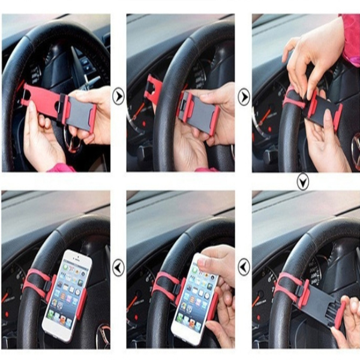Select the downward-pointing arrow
point(302,181)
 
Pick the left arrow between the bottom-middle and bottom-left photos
point(118,267)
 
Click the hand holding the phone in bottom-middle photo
point(220,267)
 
